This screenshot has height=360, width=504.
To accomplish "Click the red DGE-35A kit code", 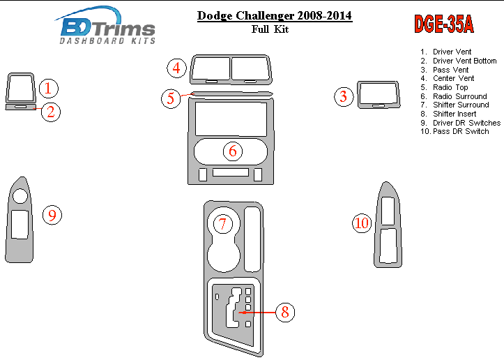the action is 444,24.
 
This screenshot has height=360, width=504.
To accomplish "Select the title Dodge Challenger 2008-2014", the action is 275,15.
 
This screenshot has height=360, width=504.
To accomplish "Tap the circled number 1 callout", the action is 49,88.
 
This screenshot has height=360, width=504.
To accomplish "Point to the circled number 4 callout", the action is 176,68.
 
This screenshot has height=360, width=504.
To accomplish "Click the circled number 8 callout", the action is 285,312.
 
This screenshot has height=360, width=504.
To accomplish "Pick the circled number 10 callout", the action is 362,223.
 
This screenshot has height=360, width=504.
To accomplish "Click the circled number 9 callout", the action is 52,215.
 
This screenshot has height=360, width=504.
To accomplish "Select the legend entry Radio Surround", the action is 459,96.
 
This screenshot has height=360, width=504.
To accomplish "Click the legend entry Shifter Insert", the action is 455,114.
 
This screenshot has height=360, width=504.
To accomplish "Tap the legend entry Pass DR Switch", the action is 461,131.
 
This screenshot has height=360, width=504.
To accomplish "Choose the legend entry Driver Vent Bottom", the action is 464,61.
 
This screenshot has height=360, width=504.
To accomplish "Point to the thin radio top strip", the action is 231,94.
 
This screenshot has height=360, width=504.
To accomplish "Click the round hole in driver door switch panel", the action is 20,195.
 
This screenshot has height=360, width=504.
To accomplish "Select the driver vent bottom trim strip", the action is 21,107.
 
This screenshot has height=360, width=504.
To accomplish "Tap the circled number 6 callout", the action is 233,151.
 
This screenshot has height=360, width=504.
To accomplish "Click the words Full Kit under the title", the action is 270,29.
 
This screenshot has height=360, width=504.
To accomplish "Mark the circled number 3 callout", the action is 344,96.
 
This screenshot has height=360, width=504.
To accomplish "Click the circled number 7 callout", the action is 222,224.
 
